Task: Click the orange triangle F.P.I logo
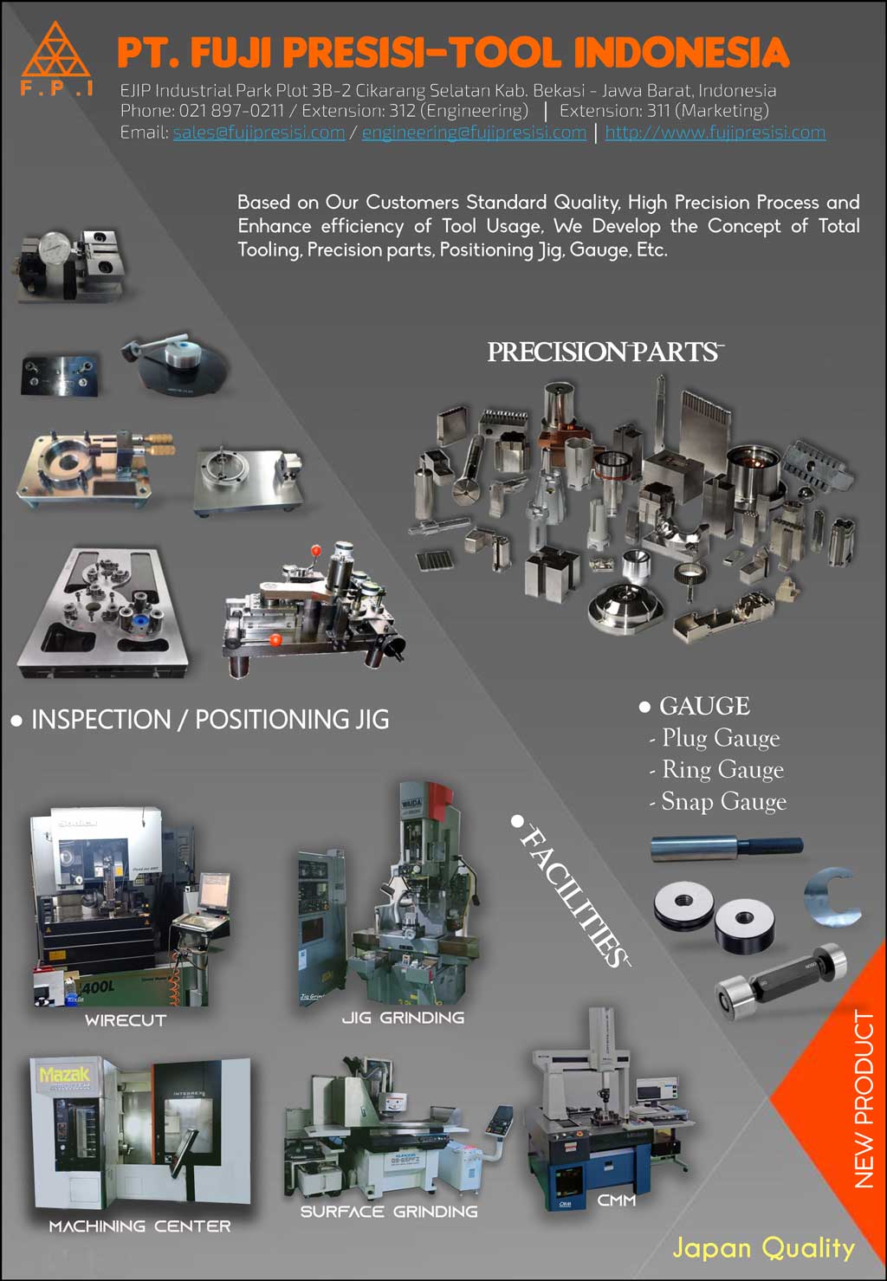click(56, 54)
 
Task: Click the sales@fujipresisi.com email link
click(258, 133)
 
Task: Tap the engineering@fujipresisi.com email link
click(474, 133)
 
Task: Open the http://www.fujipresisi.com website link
click(715, 133)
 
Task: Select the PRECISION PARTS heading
click(604, 353)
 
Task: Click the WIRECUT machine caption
click(126, 1020)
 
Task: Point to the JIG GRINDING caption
click(403, 1018)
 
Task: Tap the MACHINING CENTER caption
click(139, 1226)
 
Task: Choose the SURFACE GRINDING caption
click(389, 1212)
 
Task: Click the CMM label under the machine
click(617, 1200)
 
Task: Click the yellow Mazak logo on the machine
click(64, 1075)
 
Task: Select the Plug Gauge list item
click(720, 738)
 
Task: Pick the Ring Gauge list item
click(722, 769)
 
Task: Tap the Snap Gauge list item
click(723, 802)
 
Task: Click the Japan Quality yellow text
click(763, 1248)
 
